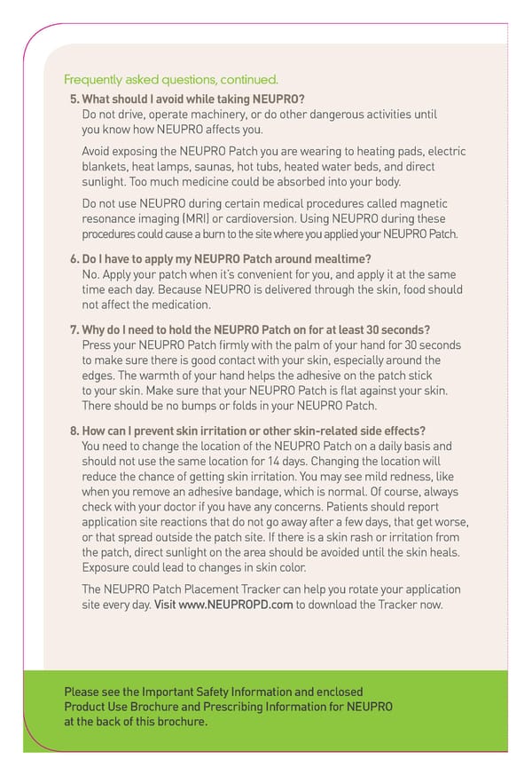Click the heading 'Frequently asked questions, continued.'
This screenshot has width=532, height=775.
tap(171, 79)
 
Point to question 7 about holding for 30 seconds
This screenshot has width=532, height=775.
tap(250, 328)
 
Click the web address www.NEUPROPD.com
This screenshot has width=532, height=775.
tap(235, 605)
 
